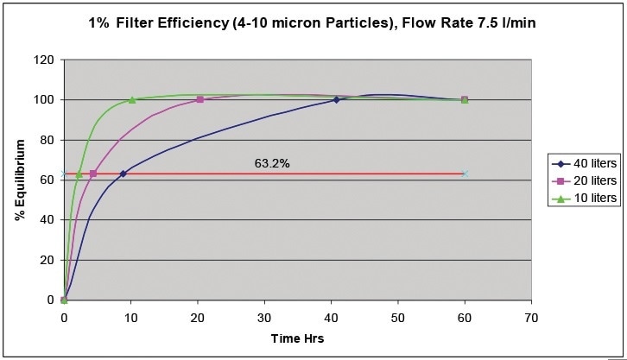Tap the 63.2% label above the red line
click(x=271, y=162)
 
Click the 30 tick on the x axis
click(x=264, y=317)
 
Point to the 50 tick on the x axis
click(x=398, y=317)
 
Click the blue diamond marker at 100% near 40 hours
click(x=336, y=100)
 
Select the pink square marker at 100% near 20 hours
click(x=199, y=100)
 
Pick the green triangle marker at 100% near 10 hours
click(x=131, y=99)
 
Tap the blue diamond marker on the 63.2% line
click(x=123, y=174)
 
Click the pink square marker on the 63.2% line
click(x=93, y=174)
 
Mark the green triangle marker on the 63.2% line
click(x=79, y=174)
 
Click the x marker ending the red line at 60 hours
click(x=465, y=174)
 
